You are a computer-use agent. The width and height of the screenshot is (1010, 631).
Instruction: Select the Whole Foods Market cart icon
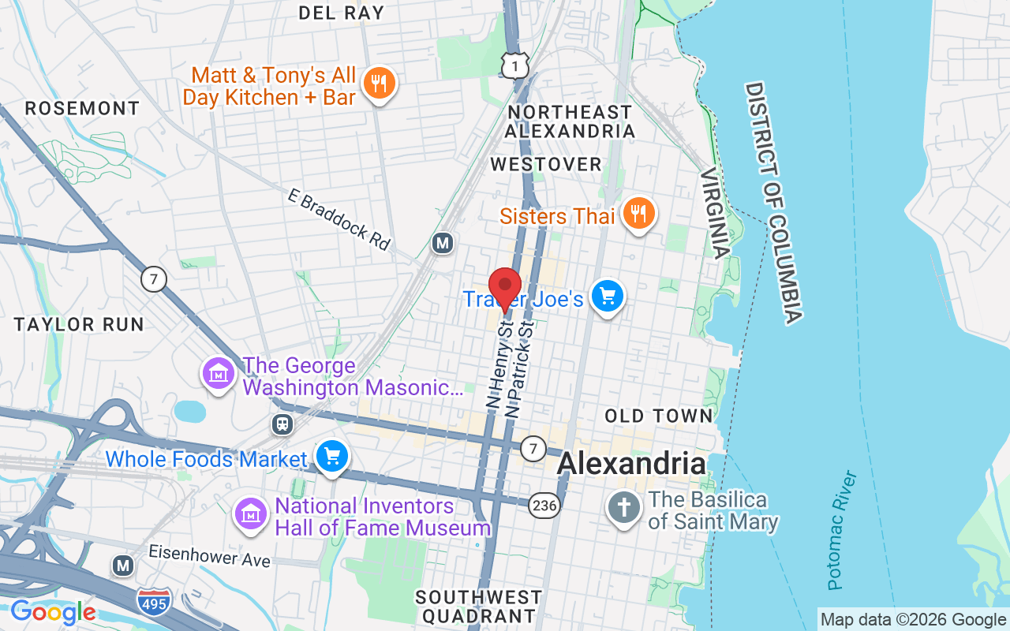click(332, 457)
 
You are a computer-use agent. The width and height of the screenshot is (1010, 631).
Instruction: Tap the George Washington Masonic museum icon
click(220, 373)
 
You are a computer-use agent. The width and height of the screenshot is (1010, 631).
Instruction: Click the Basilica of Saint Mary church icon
click(624, 507)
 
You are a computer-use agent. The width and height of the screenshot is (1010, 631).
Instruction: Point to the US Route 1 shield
click(514, 67)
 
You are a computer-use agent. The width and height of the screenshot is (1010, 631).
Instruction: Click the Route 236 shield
click(544, 505)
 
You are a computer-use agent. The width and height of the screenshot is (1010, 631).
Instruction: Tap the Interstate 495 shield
click(152, 602)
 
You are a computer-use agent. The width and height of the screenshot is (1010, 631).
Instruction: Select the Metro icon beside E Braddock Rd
click(443, 244)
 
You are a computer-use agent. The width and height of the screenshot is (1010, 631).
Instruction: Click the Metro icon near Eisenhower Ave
click(122, 566)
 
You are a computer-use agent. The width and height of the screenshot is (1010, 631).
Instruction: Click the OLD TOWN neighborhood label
click(659, 415)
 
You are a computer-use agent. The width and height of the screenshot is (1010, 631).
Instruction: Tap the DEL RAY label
click(342, 13)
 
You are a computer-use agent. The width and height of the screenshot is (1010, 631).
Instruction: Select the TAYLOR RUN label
click(79, 324)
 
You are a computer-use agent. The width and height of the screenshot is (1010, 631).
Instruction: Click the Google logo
click(53, 612)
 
